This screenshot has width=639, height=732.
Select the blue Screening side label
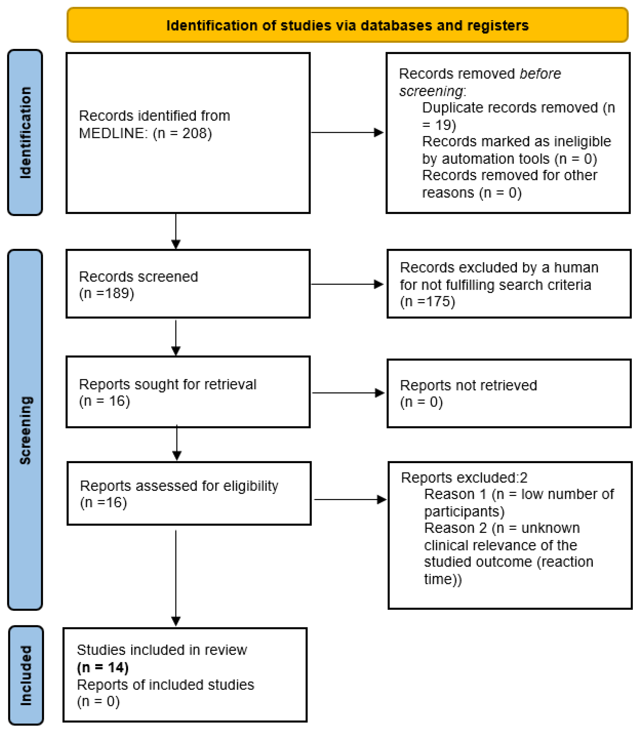pos(25,430)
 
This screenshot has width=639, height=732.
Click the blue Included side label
pos(26,675)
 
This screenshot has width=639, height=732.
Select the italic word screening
pos(431,91)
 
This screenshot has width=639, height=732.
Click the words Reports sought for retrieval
pos(168,384)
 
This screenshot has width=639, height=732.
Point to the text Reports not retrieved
pos(468,385)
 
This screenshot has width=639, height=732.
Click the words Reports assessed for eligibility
pos(179,486)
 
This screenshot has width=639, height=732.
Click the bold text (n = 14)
pos(103,667)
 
